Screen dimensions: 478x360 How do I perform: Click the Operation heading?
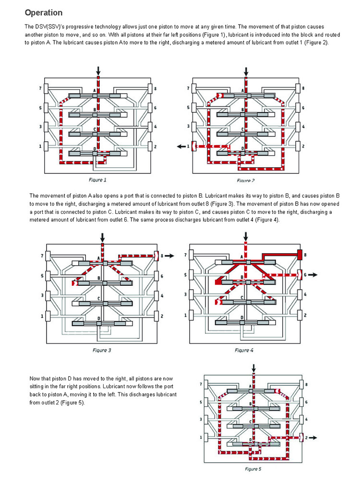click(44, 12)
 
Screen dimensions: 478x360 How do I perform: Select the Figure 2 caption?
click(245, 180)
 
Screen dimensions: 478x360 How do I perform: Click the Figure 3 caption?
click(102, 350)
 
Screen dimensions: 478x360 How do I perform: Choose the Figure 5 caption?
click(255, 468)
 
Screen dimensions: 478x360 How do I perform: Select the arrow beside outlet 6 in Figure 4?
click(312, 275)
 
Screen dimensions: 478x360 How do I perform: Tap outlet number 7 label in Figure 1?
click(40, 89)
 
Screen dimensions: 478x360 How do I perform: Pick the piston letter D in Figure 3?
click(98, 318)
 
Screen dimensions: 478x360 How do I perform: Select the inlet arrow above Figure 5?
click(254, 368)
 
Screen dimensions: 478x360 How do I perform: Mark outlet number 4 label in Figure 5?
click(307, 419)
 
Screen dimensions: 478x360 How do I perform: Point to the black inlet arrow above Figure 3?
click(102, 237)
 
